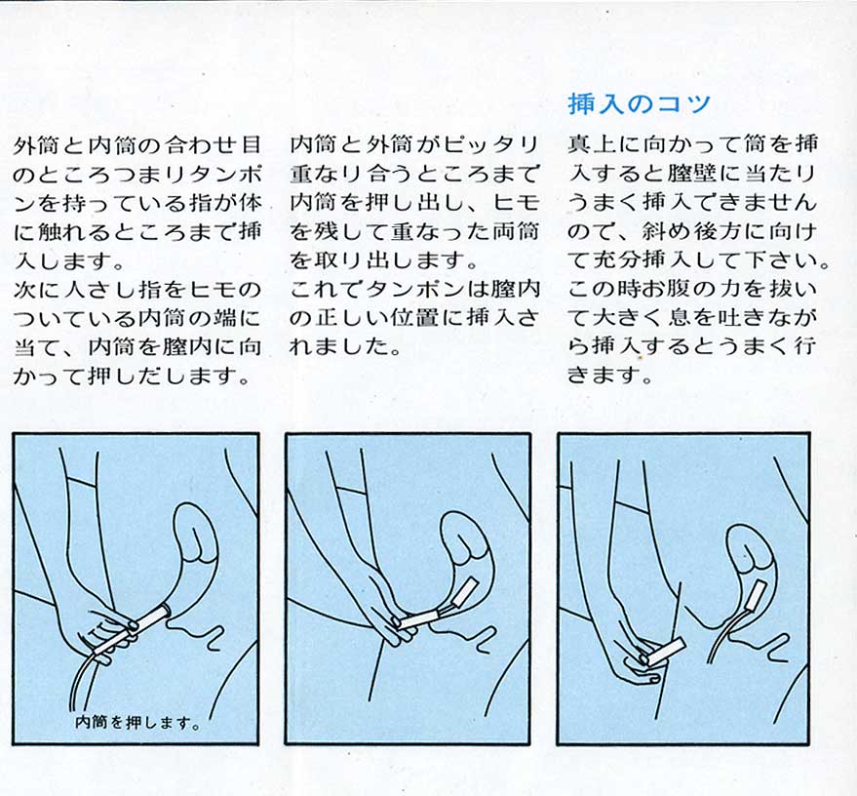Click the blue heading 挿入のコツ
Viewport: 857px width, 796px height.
point(639,102)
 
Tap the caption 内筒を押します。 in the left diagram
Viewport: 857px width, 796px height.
point(137,722)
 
